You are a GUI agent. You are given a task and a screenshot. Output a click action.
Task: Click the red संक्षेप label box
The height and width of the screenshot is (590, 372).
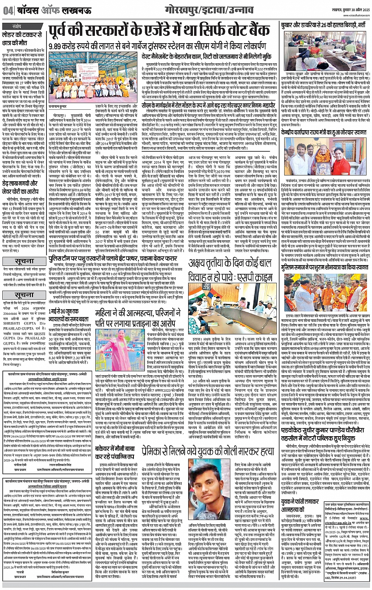[x=17, y=27]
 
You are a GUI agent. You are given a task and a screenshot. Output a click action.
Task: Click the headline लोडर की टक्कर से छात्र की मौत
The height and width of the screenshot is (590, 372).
[x=24, y=39]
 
